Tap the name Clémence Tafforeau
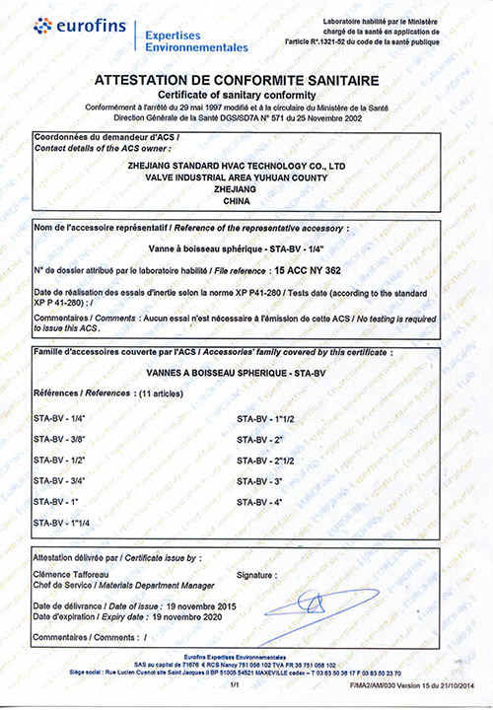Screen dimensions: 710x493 76,572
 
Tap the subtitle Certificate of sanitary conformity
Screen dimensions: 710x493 246,94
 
